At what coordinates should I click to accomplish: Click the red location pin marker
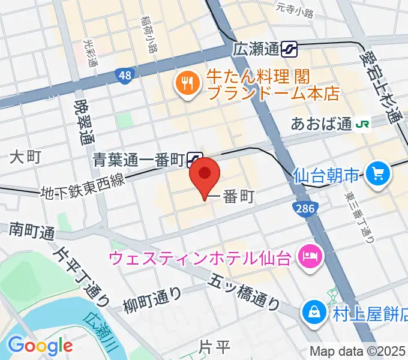pos(205,175)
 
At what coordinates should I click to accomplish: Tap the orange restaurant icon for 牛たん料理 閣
pos(187,85)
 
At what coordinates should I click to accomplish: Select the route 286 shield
pos(301,208)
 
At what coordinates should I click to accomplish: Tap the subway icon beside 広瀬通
pos(290,49)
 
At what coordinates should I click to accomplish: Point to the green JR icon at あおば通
pos(362,124)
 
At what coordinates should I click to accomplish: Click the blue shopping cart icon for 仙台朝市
pos(379,175)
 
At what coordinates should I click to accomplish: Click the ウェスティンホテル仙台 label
pos(200,259)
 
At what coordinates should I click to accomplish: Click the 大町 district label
pos(25,158)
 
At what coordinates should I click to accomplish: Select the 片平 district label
pos(215,346)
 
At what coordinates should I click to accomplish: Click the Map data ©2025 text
pos(358,352)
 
